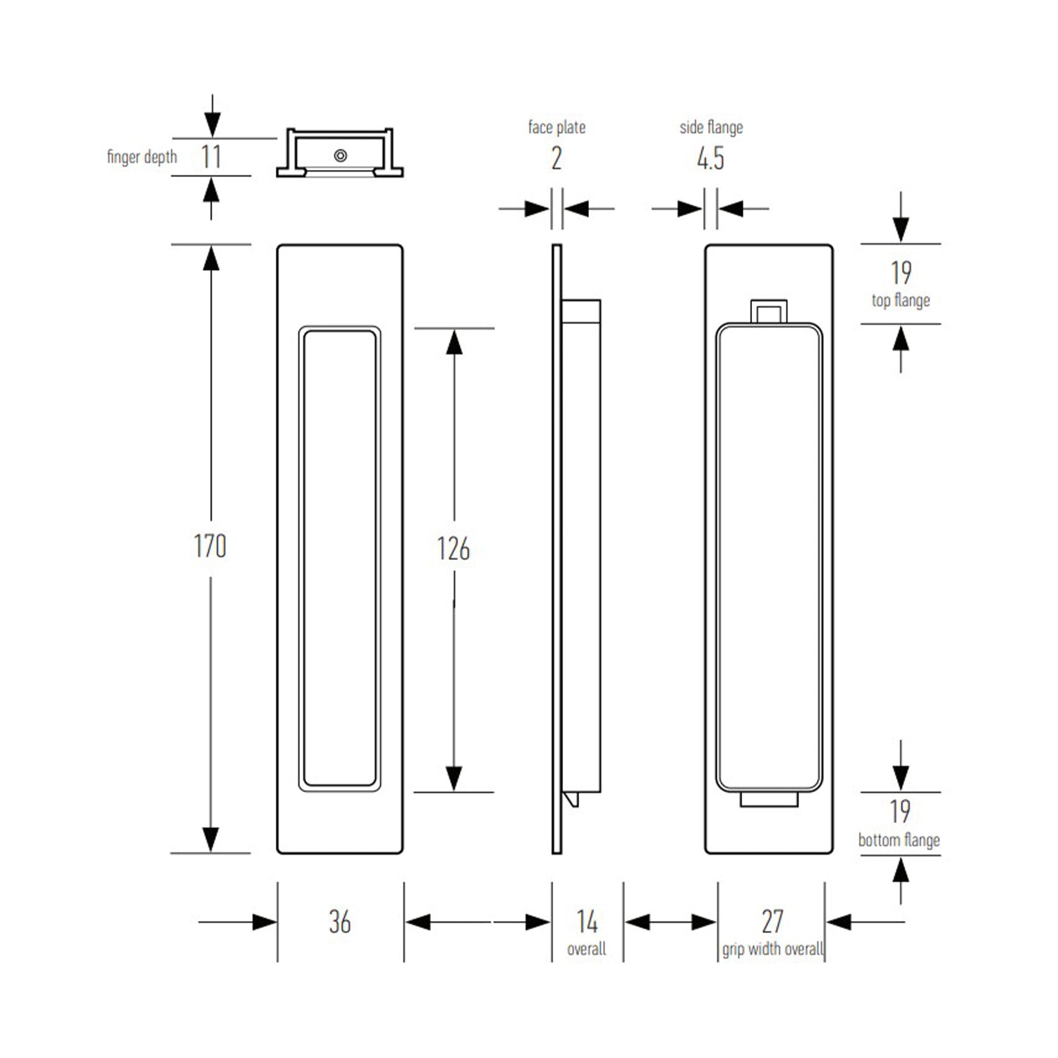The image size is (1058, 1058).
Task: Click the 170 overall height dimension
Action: click(x=210, y=547)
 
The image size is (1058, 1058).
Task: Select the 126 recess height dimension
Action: click(x=453, y=549)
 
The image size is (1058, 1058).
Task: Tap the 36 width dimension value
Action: click(x=339, y=922)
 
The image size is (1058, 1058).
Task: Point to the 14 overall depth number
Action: click(x=587, y=921)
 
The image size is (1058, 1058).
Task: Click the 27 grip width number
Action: click(x=772, y=921)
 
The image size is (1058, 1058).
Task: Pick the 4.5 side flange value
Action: click(x=710, y=159)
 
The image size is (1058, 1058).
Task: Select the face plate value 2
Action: click(x=557, y=159)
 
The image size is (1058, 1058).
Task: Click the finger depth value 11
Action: click(x=211, y=157)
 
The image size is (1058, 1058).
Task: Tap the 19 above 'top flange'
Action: click(x=901, y=273)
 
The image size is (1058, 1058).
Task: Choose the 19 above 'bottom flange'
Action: click(x=900, y=812)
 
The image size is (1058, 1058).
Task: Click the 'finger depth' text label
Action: click(x=142, y=157)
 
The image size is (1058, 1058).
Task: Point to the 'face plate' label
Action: click(x=557, y=128)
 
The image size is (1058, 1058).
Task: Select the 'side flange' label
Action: click(x=711, y=128)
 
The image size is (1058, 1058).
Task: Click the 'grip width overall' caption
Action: click(x=772, y=949)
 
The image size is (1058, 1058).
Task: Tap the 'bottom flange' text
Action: click(x=899, y=840)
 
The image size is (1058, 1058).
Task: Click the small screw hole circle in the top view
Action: click(x=341, y=155)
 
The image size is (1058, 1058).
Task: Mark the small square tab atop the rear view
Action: click(x=769, y=312)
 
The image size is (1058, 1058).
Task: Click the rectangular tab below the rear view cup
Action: click(x=769, y=799)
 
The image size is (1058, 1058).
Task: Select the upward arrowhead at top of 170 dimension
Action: click(x=211, y=258)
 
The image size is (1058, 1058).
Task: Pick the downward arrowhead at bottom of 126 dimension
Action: click(x=454, y=778)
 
